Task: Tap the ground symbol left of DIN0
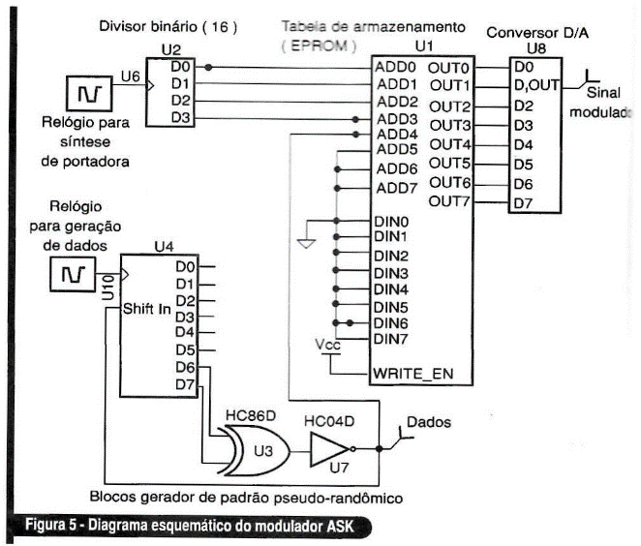click(306, 244)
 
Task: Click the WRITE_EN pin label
click(412, 374)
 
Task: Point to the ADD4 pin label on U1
click(397, 134)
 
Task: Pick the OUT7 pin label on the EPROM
click(449, 201)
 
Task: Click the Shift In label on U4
click(147, 309)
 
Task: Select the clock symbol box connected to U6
click(89, 94)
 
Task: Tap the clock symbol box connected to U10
click(73, 274)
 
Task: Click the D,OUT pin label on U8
click(536, 85)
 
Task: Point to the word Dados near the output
click(429, 422)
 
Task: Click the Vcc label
click(327, 345)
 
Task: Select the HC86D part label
click(251, 415)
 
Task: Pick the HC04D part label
click(329, 421)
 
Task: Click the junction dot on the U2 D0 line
click(208, 67)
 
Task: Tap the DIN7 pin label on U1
click(391, 339)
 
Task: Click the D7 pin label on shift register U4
click(185, 384)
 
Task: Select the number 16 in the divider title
click(220, 27)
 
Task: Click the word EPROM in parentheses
click(320, 45)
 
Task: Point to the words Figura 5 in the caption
click(50, 525)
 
